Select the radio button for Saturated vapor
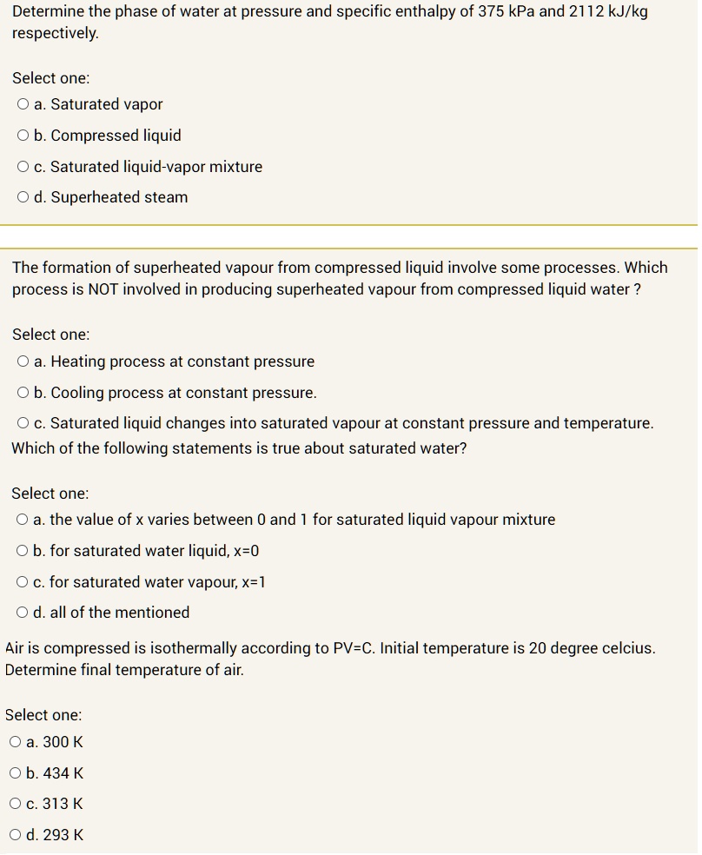click(23, 104)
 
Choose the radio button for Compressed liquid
click(23, 136)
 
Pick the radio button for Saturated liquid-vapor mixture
click(23, 167)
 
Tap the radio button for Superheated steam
click(23, 197)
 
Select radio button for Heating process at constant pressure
click(23, 361)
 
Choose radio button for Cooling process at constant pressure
click(23, 393)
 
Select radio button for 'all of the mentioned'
click(23, 613)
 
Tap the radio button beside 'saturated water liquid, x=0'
click(23, 551)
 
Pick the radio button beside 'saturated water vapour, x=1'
click(23, 582)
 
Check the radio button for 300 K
click(17, 742)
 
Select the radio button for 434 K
click(17, 773)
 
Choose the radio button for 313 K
click(17, 804)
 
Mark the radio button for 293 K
click(17, 835)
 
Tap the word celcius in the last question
click(625, 648)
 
